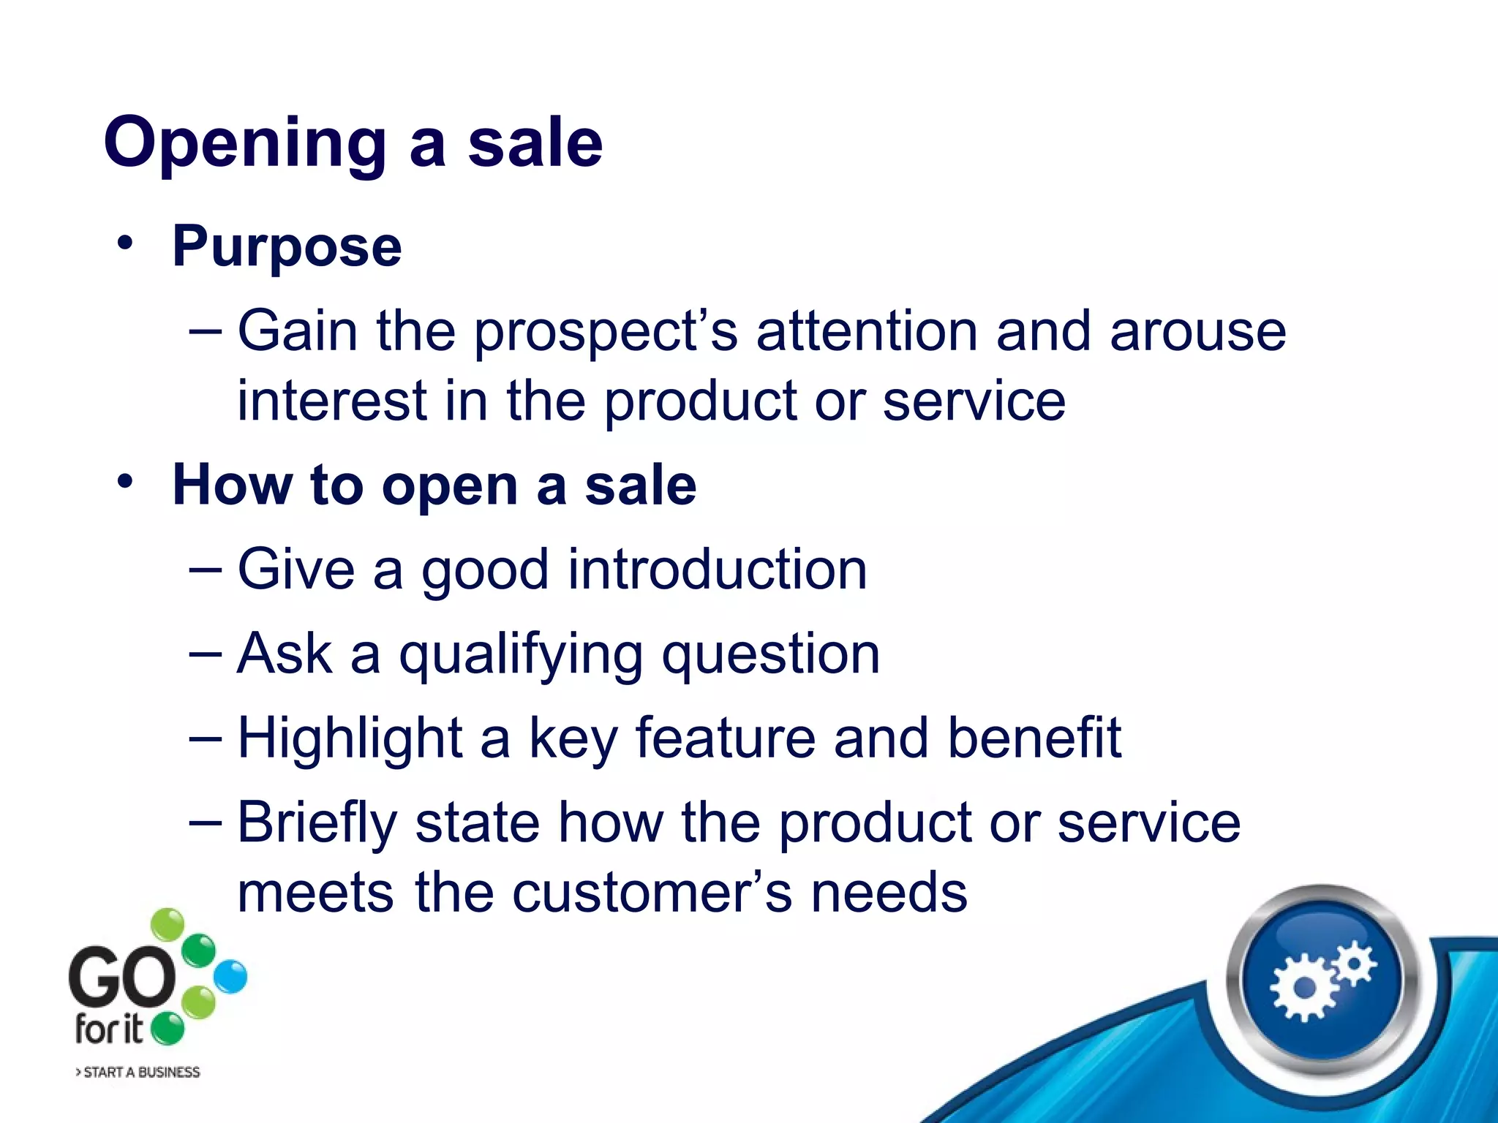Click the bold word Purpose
[x=287, y=247]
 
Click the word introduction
[x=717, y=569]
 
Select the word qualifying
[x=520, y=654]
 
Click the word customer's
[x=652, y=893]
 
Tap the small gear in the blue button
[x=1354, y=963]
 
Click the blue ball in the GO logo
[x=231, y=977]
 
